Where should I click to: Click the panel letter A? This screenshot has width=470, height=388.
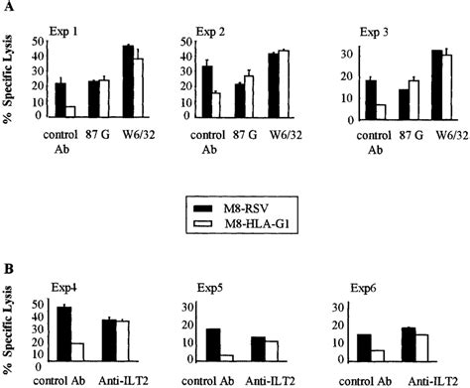[x=8, y=8]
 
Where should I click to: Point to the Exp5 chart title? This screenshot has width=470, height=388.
[x=226, y=287]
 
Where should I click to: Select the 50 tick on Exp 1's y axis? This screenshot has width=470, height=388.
[x=38, y=42]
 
